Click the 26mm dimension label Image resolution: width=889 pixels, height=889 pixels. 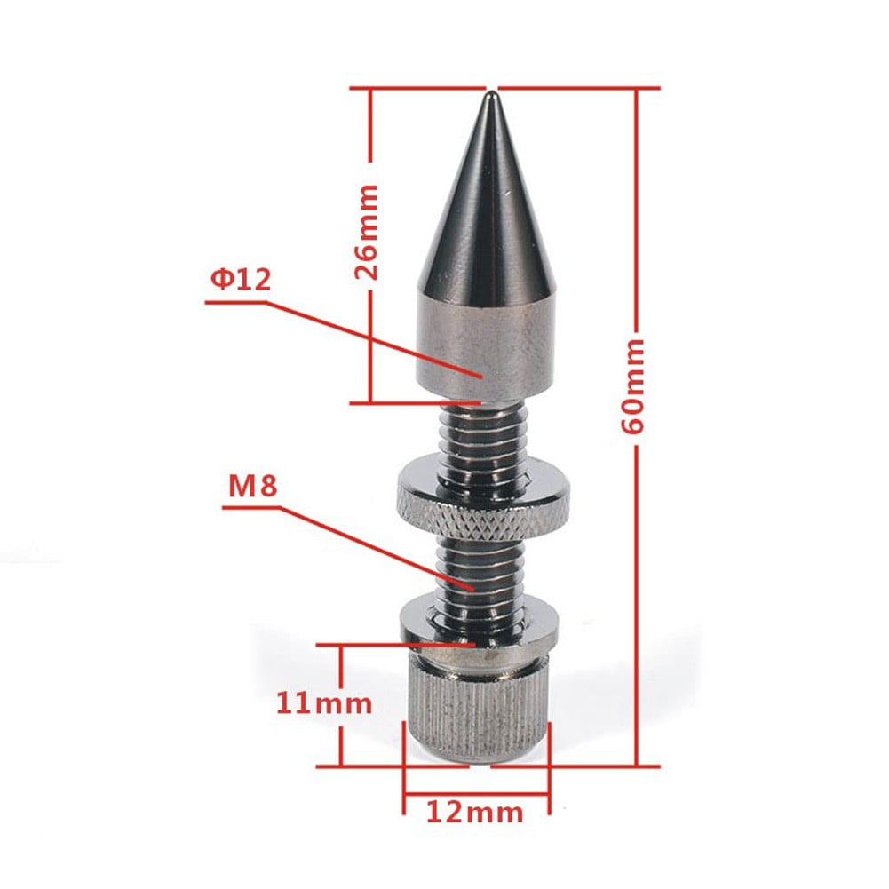pos(365,232)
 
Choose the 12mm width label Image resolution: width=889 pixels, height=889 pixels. pos(475,810)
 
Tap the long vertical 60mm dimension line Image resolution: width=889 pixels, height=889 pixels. pos(638,577)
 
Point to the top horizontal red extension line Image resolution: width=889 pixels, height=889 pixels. pos(577,88)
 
